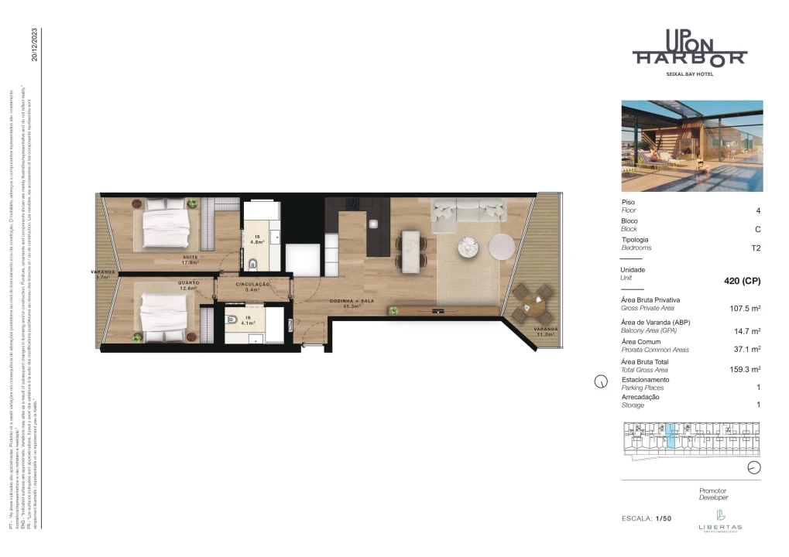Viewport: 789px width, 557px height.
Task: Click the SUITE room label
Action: coord(190,257)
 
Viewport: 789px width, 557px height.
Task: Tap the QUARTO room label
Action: coord(190,284)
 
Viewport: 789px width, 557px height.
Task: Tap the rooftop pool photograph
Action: coord(691,145)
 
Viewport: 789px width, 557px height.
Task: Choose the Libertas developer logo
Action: coord(720,519)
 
